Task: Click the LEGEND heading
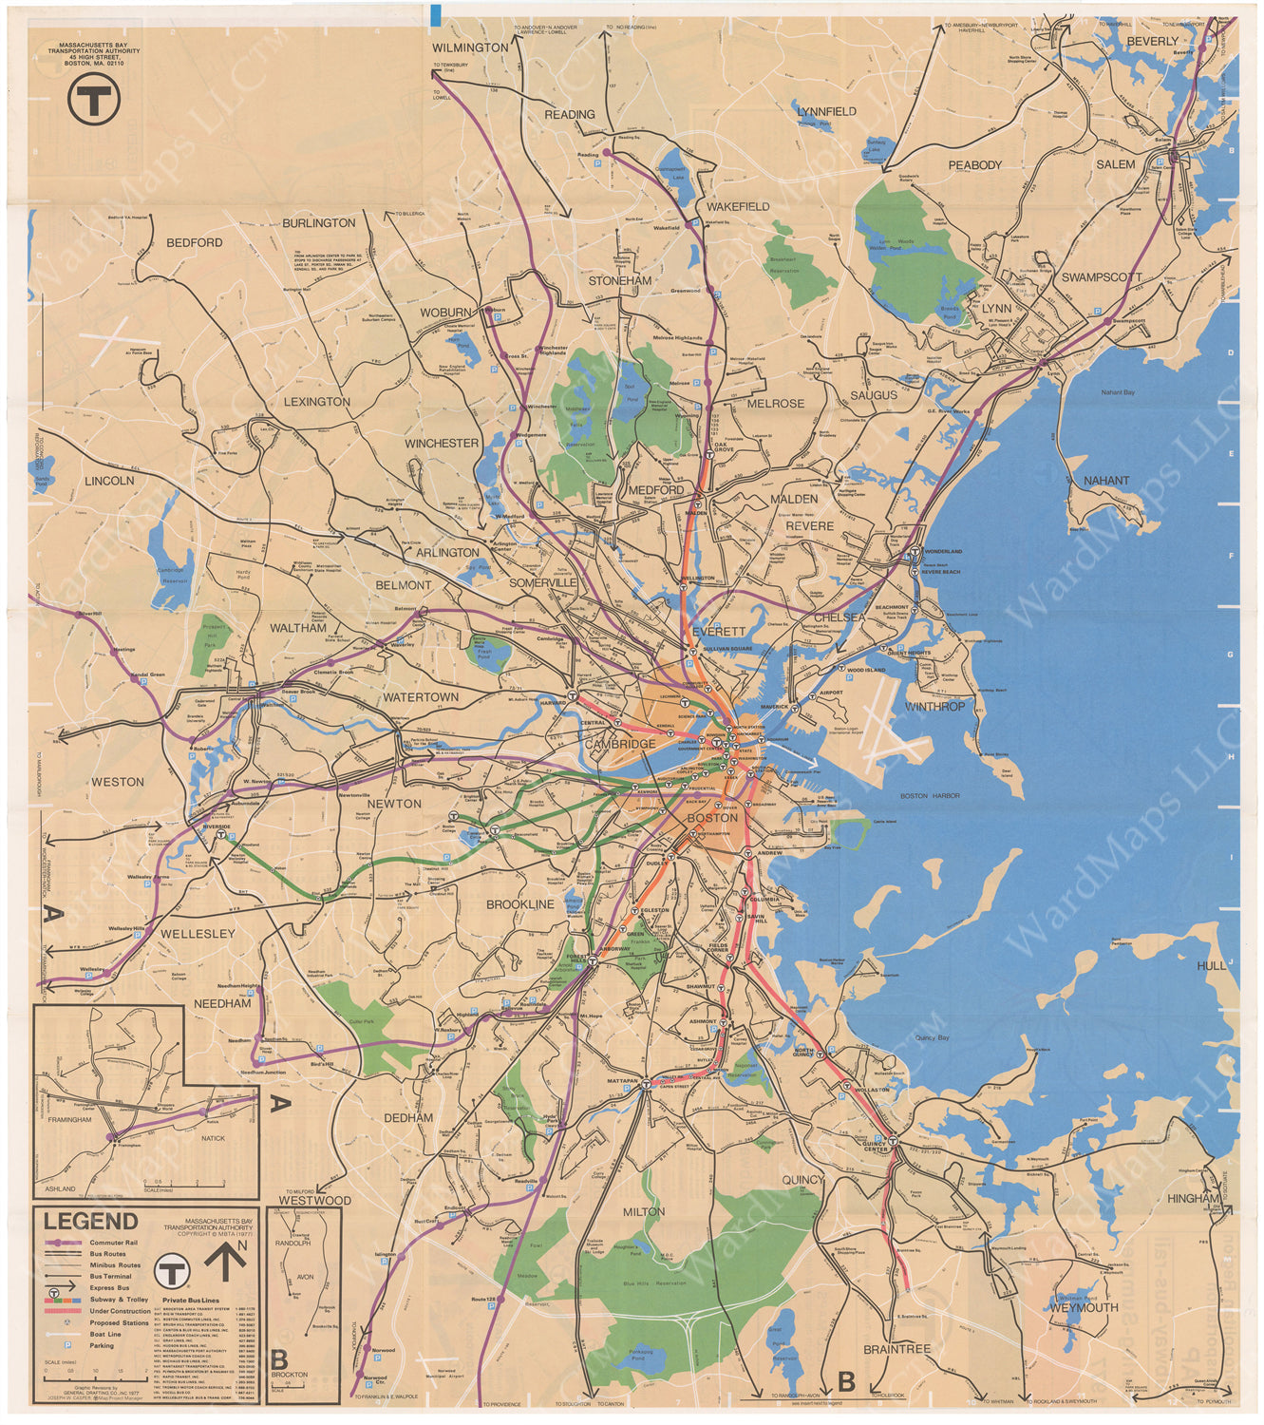point(90,1222)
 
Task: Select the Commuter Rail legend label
point(113,1243)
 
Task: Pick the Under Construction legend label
point(120,1311)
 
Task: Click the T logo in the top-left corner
point(93,97)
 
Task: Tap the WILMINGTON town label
point(470,47)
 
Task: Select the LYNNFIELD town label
point(826,111)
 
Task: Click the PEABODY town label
point(974,165)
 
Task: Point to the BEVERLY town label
point(1152,42)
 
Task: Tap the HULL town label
point(1211,965)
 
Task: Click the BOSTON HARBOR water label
point(930,796)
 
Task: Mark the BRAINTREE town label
point(896,1349)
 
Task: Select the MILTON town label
point(644,1212)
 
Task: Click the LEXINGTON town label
point(316,402)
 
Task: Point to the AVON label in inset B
point(305,1277)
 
